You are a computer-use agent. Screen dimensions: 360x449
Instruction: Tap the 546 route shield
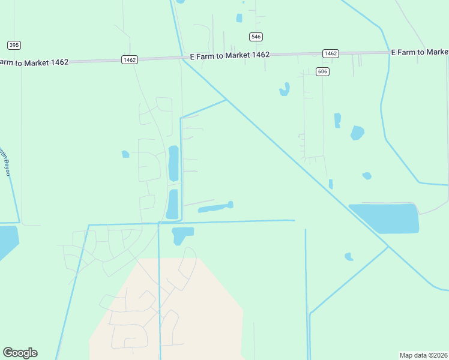pyautogui.click(x=256, y=37)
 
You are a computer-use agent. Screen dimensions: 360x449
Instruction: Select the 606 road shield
pyautogui.click(x=323, y=71)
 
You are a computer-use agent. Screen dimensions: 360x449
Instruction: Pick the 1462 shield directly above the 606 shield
pyautogui.click(x=330, y=53)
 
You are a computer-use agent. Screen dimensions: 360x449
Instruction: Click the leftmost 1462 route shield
pyautogui.click(x=130, y=59)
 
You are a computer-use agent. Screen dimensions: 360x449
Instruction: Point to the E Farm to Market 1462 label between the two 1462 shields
pyautogui.click(x=229, y=55)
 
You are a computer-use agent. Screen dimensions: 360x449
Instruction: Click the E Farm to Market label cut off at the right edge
pyautogui.click(x=420, y=52)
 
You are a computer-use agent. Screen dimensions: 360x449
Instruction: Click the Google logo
pyautogui.click(x=20, y=353)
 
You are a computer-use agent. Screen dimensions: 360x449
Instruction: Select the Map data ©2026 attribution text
pyautogui.click(x=423, y=355)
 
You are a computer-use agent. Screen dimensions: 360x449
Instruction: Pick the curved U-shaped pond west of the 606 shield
pyautogui.click(x=284, y=90)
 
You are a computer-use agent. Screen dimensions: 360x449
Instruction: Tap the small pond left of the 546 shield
pyautogui.click(x=240, y=18)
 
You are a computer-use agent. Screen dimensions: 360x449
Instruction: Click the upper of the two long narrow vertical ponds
pyautogui.click(x=173, y=163)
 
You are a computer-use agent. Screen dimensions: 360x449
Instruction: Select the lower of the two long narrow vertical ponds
pyautogui.click(x=172, y=204)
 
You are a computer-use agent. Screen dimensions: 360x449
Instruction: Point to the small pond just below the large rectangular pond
pyautogui.click(x=348, y=256)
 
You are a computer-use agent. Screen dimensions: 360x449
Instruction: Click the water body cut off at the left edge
pyautogui.click(x=7, y=240)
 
